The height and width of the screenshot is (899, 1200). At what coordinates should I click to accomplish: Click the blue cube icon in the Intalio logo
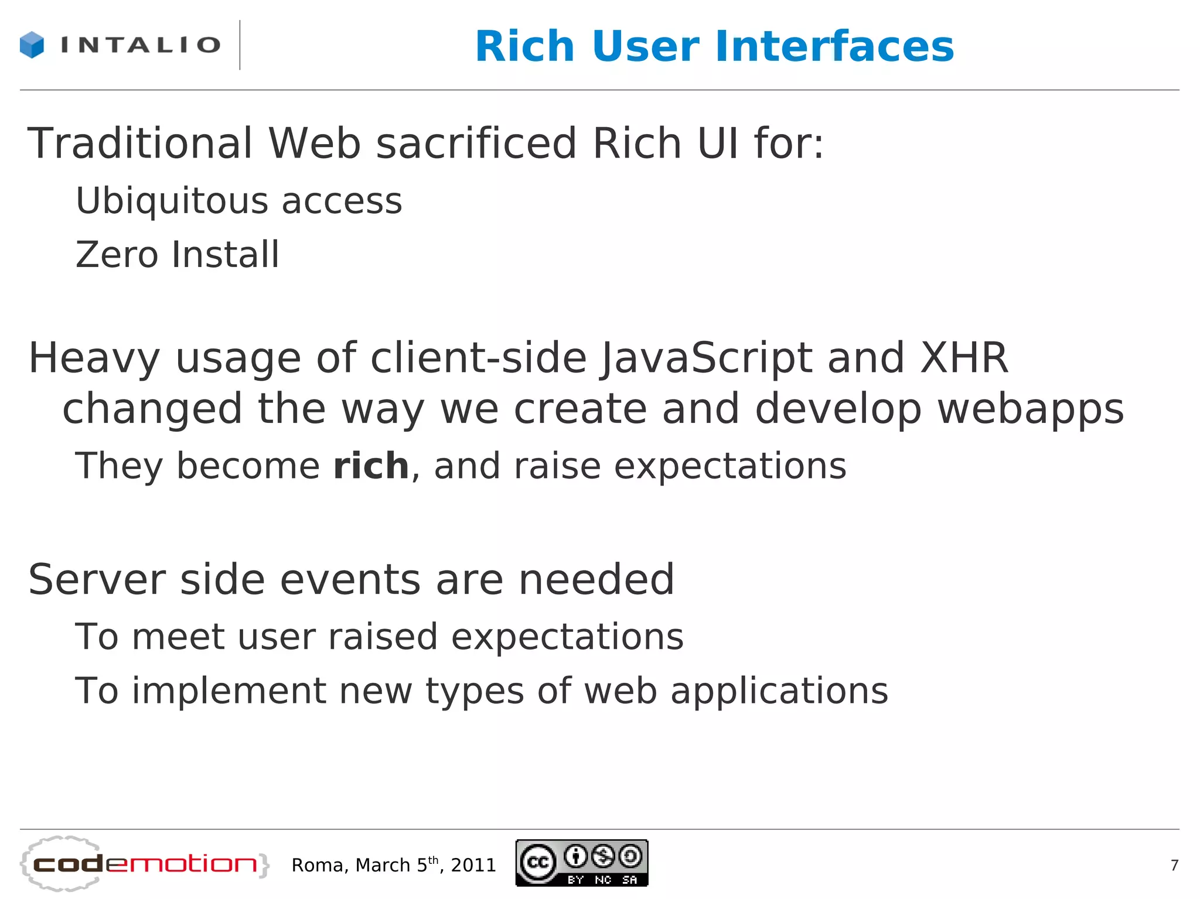(32, 45)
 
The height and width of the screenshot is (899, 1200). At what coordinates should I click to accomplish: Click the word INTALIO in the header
(141, 45)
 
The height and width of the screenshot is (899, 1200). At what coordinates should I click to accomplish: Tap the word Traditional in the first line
(140, 143)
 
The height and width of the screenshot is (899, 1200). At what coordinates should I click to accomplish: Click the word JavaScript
(707, 358)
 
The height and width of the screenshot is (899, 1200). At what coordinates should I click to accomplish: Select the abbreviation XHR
(964, 358)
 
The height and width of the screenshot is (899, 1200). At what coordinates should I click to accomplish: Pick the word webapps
(1031, 409)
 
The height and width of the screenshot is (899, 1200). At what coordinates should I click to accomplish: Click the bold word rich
(371, 466)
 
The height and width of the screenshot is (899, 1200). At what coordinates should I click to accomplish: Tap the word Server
(97, 580)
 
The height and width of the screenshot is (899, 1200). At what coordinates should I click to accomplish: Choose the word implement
(229, 691)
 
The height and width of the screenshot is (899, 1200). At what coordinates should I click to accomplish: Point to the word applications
(779, 691)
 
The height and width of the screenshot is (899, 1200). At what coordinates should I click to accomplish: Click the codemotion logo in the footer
(144, 864)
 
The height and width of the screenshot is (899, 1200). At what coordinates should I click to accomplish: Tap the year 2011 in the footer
(473, 865)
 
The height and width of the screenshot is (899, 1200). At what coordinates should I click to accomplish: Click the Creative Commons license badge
(581, 863)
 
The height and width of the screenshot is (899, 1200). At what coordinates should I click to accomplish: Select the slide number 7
(1174, 865)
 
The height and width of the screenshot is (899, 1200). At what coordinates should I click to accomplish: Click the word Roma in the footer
(321, 865)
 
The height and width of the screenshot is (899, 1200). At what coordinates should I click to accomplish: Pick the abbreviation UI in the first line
(718, 143)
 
